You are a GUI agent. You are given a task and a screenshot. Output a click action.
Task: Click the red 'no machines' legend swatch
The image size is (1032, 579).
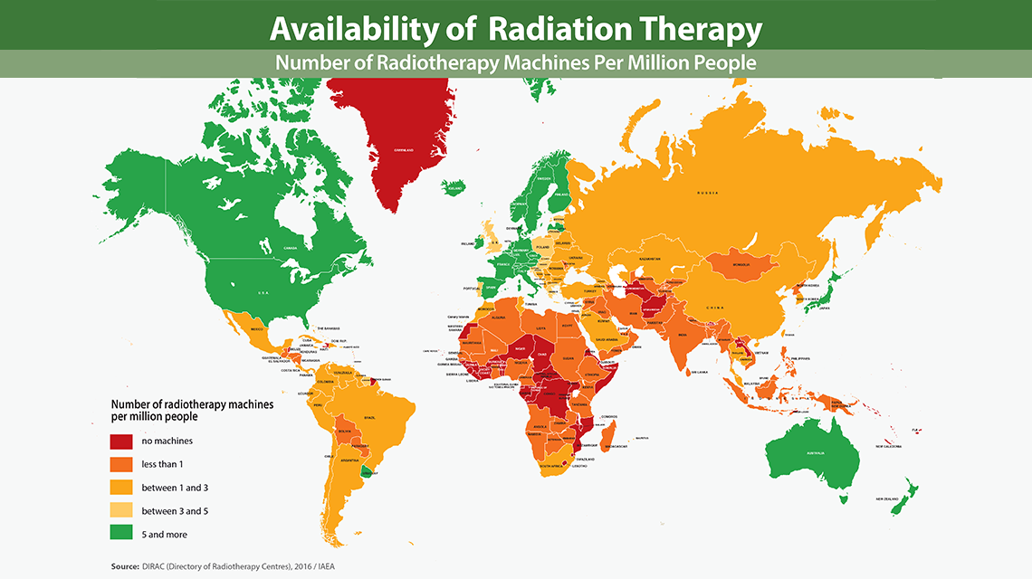(122, 441)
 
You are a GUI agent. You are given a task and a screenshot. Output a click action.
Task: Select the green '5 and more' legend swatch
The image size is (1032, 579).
(122, 535)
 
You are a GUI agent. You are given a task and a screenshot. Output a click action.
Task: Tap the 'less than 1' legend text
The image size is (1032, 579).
(163, 464)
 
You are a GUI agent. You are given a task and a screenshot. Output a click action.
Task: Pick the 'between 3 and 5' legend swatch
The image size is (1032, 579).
(122, 511)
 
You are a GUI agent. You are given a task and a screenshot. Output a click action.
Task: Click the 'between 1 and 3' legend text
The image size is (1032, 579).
(175, 488)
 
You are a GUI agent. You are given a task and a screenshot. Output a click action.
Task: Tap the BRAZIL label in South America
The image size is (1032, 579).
(368, 417)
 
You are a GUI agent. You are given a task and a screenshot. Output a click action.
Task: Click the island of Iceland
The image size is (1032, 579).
(452, 188)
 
